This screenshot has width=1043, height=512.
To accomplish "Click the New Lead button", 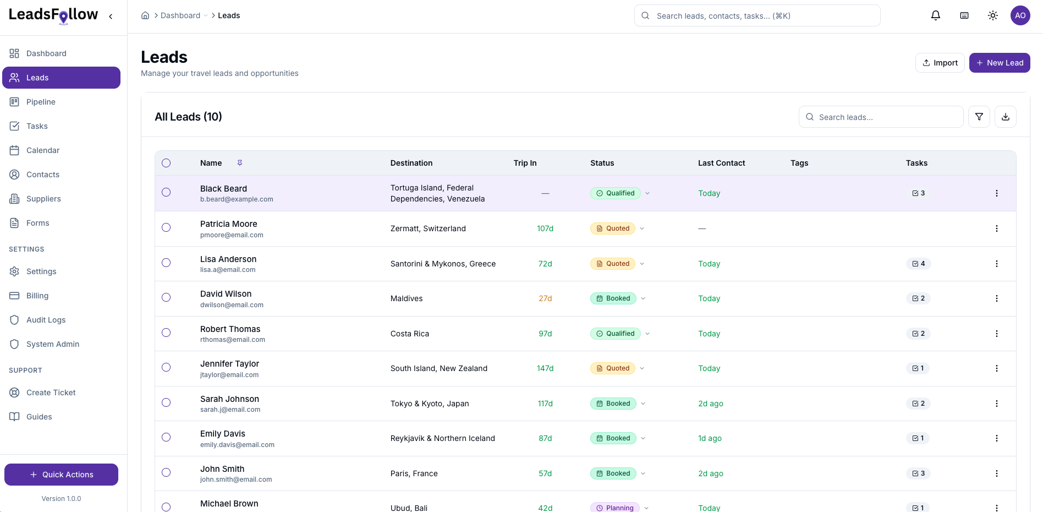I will (x=999, y=63).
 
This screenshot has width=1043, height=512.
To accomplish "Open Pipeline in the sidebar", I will (x=41, y=102).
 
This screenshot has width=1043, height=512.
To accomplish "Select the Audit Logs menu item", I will (x=46, y=320).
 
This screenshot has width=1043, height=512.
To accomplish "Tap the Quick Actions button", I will (x=61, y=475).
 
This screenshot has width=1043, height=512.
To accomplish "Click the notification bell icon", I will (x=935, y=15).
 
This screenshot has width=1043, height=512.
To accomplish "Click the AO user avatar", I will (x=1020, y=15).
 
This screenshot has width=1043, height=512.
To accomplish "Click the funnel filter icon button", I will (x=979, y=117).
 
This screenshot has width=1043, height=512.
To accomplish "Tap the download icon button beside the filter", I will (x=1005, y=117).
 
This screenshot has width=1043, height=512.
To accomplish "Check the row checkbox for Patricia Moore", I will (x=166, y=227).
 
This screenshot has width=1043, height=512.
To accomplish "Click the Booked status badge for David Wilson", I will (x=613, y=298).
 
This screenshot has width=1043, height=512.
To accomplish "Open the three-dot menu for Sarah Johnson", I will (x=996, y=404).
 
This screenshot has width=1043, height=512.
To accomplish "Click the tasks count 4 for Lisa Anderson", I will (x=918, y=264).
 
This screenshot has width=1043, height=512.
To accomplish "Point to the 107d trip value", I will (x=545, y=228).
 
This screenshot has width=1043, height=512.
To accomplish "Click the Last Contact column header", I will (x=721, y=163).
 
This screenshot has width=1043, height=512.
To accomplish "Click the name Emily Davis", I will (x=223, y=434).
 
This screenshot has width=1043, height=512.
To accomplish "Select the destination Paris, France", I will (x=414, y=473).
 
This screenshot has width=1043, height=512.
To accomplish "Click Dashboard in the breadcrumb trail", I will (x=180, y=15).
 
